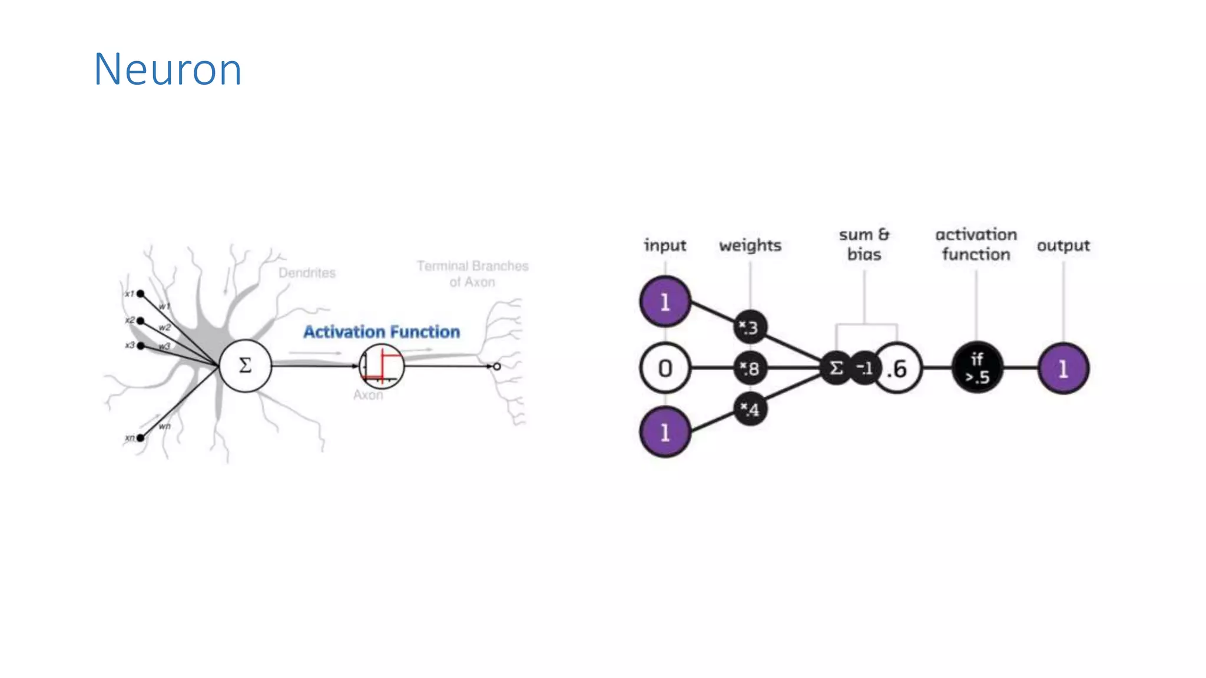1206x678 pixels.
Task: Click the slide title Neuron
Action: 168,69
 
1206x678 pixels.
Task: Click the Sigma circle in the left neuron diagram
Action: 245,365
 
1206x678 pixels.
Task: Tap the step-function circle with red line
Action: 382,366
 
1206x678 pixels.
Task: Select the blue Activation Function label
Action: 382,332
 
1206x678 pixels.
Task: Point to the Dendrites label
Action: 307,272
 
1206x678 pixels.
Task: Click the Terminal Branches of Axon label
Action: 472,274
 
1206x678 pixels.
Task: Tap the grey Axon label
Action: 368,395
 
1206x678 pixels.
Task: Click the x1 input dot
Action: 141,294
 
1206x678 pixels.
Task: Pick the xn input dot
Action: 141,437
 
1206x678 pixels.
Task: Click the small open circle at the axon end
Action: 497,366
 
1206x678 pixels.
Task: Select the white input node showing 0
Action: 665,368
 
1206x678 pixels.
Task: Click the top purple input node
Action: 665,302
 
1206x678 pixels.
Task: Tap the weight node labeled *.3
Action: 750,327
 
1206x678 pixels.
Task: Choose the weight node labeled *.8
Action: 750,368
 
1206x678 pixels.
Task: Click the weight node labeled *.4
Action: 750,409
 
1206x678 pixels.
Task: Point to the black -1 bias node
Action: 864,368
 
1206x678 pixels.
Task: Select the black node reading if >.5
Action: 977,368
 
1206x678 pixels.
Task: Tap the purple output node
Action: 1063,368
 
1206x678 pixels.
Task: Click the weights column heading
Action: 750,245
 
